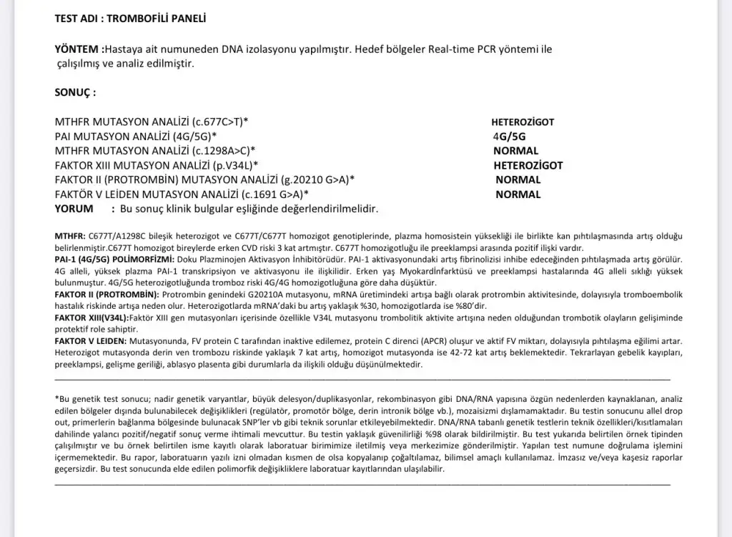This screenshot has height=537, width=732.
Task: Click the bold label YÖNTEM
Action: (x=78, y=49)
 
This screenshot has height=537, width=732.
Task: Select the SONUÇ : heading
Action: (x=75, y=92)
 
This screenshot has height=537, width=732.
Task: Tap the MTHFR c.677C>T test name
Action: (x=152, y=122)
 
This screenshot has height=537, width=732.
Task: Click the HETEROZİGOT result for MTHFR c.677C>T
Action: (x=523, y=122)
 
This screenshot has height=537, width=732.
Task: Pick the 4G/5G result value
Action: (x=509, y=137)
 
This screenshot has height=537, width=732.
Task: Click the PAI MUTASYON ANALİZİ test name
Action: (x=136, y=136)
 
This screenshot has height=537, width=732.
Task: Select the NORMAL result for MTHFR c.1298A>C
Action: (x=515, y=151)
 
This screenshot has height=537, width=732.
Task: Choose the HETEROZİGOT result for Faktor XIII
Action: (x=528, y=165)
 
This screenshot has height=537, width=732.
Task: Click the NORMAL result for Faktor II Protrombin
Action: (x=518, y=179)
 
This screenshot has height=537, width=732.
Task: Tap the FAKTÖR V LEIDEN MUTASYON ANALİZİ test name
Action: (x=182, y=194)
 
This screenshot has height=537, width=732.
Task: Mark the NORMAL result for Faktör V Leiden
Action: (x=518, y=194)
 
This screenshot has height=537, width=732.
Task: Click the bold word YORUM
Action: (x=74, y=208)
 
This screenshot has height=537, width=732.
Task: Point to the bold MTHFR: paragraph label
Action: (x=69, y=236)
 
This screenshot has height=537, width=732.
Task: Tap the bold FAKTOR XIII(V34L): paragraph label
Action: (x=91, y=316)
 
